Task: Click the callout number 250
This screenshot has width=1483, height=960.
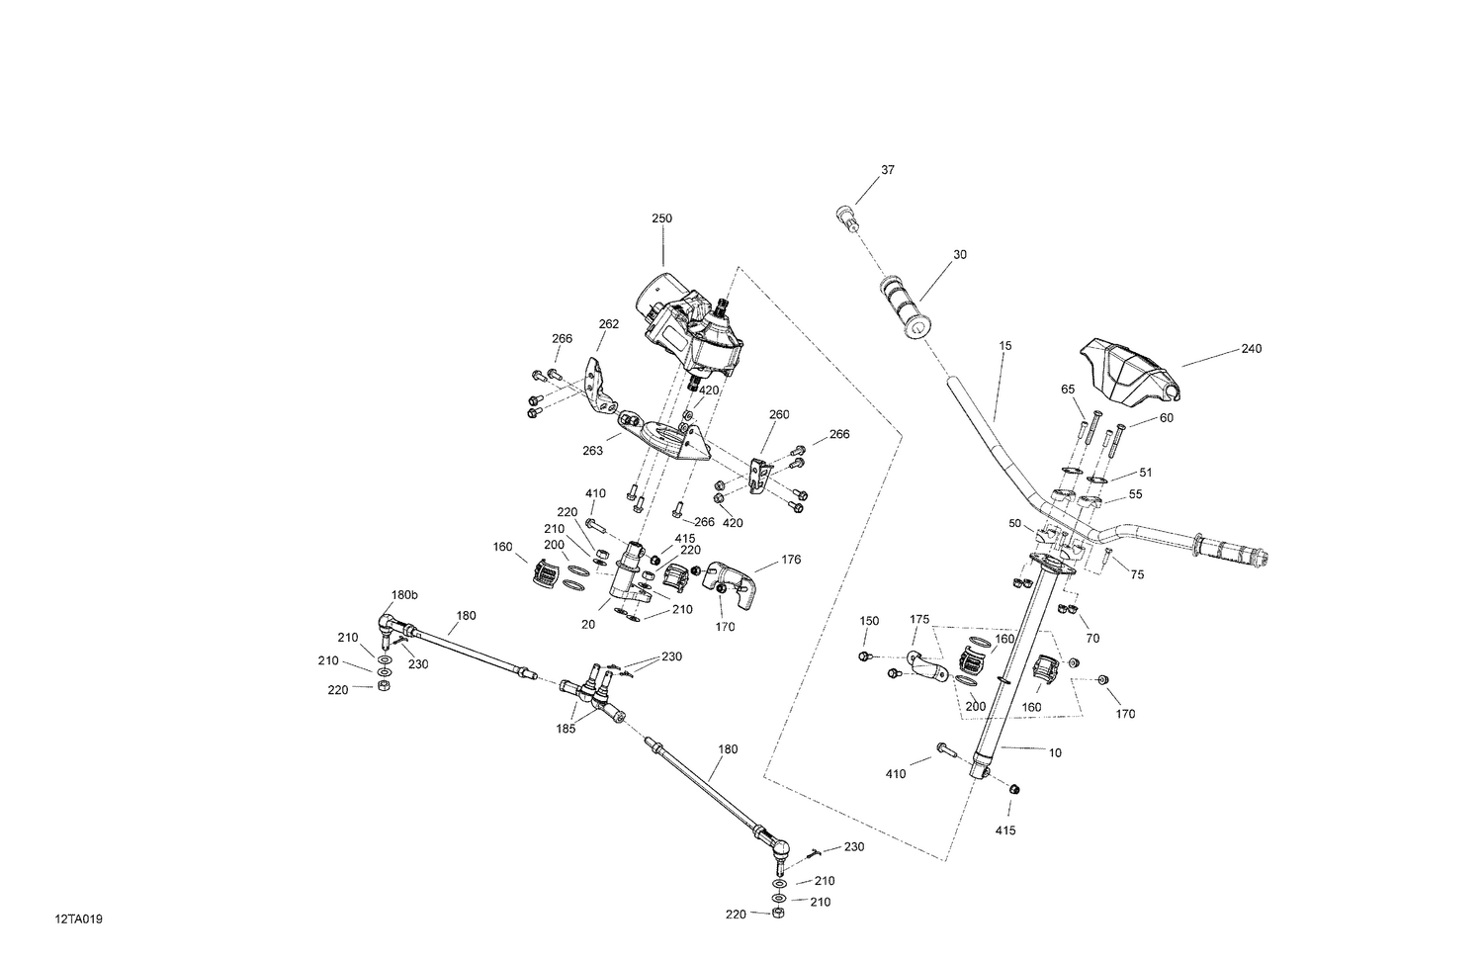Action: click(661, 218)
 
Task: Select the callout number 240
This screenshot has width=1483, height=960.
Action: click(1252, 349)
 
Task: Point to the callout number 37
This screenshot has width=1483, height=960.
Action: click(887, 170)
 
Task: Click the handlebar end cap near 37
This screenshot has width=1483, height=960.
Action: click(844, 217)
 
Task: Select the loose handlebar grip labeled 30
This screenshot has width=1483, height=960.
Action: click(904, 307)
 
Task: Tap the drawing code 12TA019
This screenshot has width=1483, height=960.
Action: click(79, 919)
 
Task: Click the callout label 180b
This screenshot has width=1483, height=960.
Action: click(404, 595)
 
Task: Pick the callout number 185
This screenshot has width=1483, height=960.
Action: click(567, 729)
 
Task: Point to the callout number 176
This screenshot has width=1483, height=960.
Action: click(791, 561)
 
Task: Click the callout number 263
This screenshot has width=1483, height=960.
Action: click(592, 451)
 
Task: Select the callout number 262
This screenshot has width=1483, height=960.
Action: click(609, 323)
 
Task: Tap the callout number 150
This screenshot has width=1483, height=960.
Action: click(868, 621)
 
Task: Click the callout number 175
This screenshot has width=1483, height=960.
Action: click(919, 620)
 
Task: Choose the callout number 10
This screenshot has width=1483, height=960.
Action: click(1055, 752)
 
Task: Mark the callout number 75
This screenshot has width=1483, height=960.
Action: click(1137, 574)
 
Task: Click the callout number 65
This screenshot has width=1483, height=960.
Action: click(1068, 391)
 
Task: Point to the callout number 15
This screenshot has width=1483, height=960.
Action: click(1005, 346)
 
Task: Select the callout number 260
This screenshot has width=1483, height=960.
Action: click(779, 415)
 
